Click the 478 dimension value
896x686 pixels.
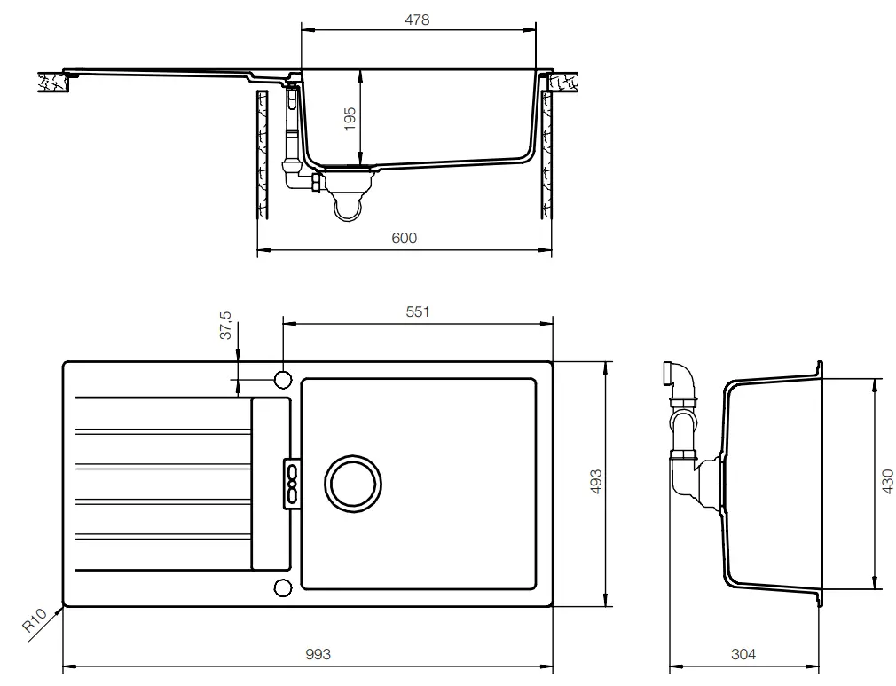click(x=418, y=20)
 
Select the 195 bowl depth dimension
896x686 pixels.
click(x=350, y=118)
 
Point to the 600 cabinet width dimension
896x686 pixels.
click(x=404, y=238)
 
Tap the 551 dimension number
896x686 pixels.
click(x=417, y=311)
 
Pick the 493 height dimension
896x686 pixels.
click(x=597, y=482)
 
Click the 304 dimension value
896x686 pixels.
click(x=743, y=655)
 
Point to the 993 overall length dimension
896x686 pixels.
click(x=318, y=655)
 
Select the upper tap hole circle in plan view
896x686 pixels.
click(x=283, y=379)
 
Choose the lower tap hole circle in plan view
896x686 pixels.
click(x=283, y=587)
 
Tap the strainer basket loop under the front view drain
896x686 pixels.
click(x=347, y=208)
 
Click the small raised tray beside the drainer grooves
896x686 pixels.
click(x=271, y=484)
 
